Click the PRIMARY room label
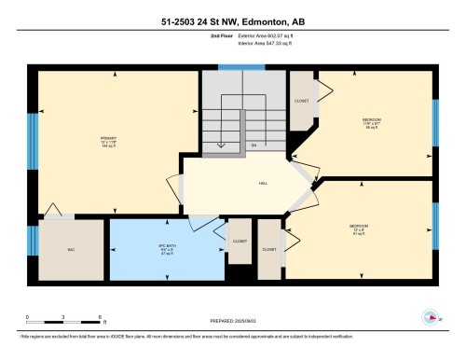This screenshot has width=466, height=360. pos(108,143)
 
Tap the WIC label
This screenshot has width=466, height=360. pos(71,249)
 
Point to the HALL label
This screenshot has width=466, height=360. pos(263,184)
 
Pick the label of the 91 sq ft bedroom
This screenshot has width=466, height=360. pos(359,228)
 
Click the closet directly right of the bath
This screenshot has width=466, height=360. pos(239,249)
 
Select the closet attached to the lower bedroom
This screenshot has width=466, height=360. pos(269,249)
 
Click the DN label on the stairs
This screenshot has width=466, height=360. pos(254,145)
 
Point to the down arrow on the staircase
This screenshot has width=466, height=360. pos(221,145)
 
